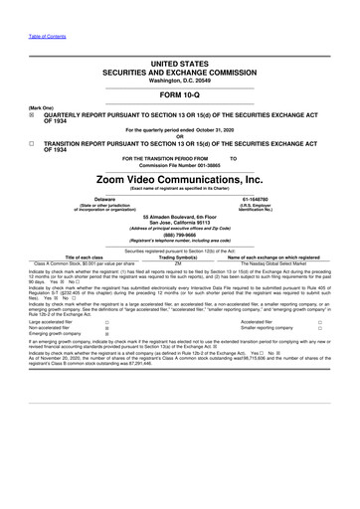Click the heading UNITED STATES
click(180, 63)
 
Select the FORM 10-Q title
click(180, 95)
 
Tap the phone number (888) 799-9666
click(180, 235)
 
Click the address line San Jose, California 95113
click(180, 221)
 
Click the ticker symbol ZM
click(180, 261)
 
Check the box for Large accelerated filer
click(106, 323)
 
